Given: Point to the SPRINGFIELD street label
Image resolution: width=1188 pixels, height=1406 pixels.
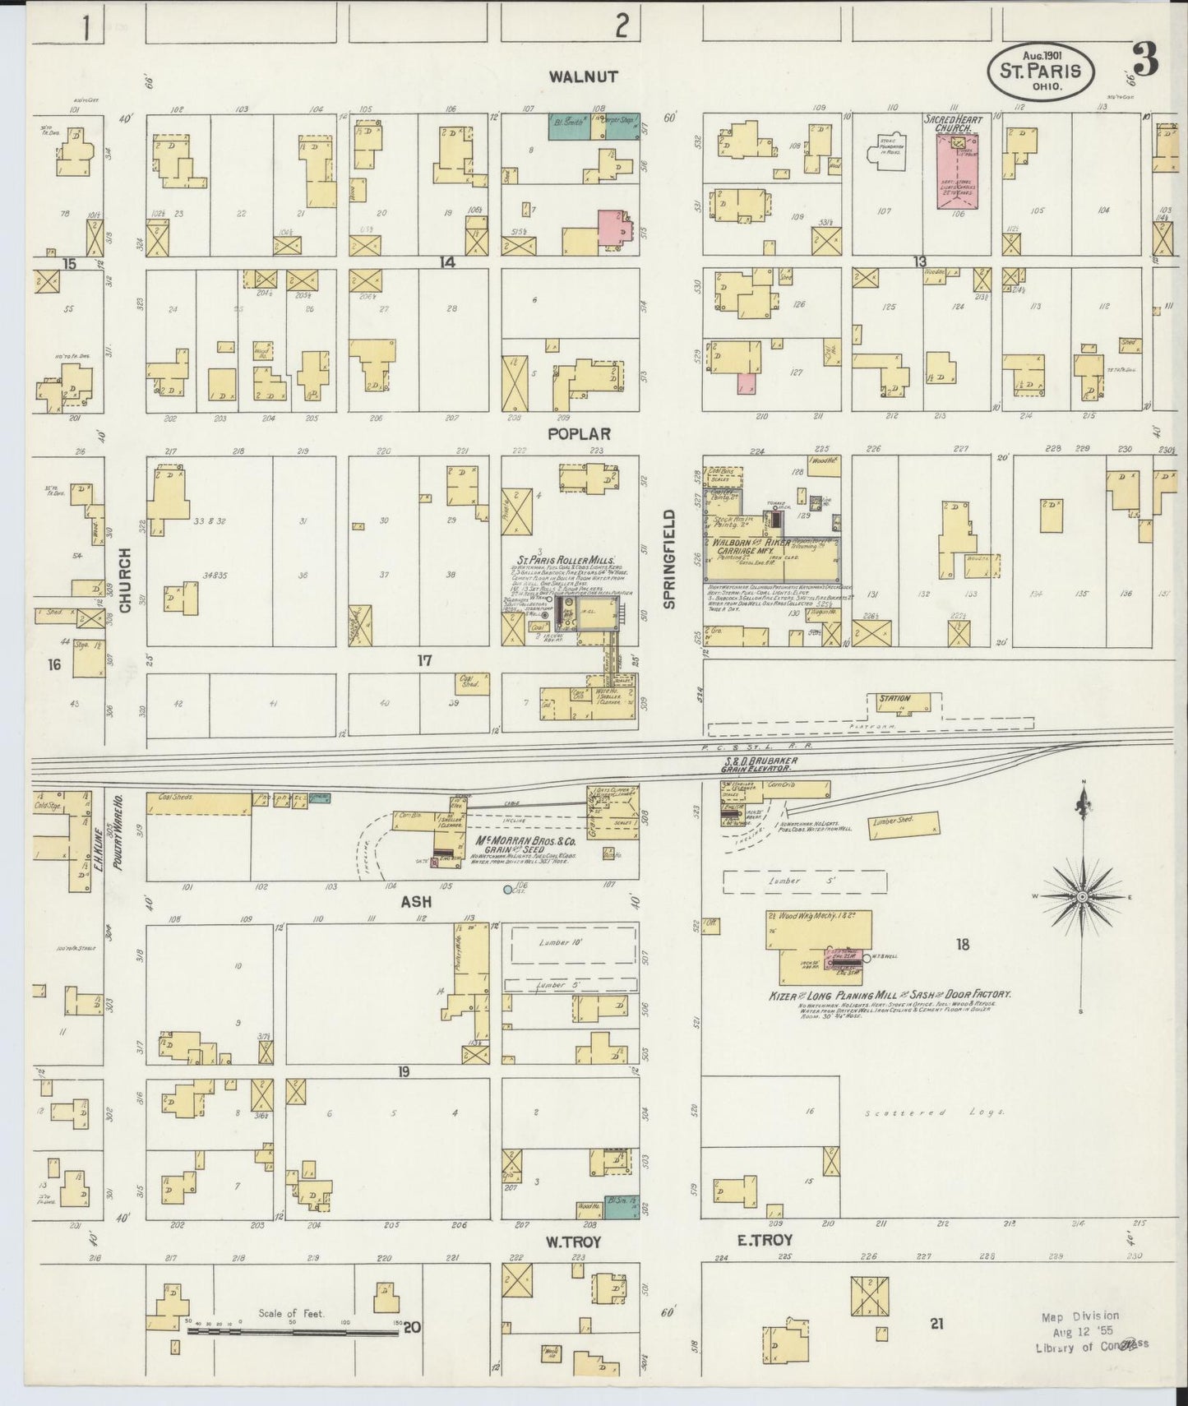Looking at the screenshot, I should [669, 559].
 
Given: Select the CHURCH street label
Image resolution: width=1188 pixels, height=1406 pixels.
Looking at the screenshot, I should [125, 580].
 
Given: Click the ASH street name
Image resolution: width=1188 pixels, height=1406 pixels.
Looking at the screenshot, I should [416, 902].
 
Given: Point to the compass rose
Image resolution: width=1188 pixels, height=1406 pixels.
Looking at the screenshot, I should [1082, 895].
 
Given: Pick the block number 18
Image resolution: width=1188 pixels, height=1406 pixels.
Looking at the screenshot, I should [962, 945].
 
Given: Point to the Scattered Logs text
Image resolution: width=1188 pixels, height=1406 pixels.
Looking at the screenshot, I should [936, 1112].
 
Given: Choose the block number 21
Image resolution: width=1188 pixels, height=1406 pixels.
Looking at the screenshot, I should [936, 1323].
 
